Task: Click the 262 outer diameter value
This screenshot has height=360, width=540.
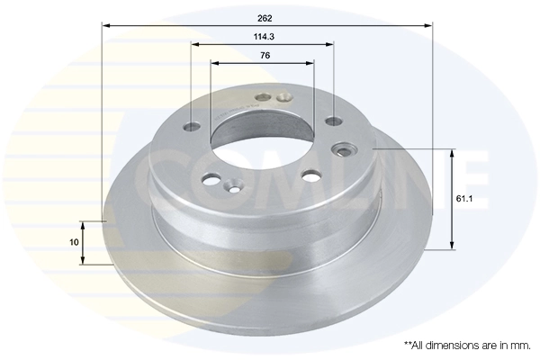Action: coord(264,18)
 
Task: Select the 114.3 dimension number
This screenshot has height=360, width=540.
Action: coord(263,37)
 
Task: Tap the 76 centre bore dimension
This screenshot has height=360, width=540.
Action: coord(264,56)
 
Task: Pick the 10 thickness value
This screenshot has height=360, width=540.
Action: coord(75,241)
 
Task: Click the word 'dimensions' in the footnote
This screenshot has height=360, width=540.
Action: coord(449,345)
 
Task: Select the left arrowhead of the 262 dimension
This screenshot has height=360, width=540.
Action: coord(106,26)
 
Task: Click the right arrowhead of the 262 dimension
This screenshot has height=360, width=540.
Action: coord(429,26)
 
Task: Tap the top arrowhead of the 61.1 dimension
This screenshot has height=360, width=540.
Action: coord(453,154)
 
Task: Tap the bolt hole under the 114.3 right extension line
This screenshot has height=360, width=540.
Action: coord(333,121)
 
